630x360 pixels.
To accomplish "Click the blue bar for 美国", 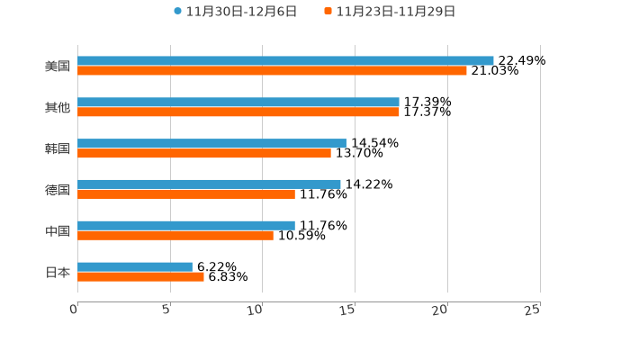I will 285,60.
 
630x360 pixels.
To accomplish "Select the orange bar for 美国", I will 272,70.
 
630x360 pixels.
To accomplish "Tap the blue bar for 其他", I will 238,102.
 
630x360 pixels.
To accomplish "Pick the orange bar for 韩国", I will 204,153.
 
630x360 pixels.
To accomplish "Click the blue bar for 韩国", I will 211,143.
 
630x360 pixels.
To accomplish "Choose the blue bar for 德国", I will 209,184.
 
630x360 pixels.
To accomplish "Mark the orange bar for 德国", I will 186,193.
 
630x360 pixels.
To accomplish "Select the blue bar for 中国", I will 186,225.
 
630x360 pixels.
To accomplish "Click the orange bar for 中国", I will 175,235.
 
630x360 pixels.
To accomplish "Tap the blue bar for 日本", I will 135,266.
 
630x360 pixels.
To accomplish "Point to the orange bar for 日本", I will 140,276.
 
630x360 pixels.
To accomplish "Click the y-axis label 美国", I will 58,66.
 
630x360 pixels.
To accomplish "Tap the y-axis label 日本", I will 58,272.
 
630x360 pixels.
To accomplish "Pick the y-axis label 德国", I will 58,189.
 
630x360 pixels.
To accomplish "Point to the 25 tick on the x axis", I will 533,310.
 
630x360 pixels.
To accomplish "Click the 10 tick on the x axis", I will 256,310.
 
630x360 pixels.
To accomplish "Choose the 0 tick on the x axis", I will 74,310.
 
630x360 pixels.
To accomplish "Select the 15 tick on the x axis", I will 348,310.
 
